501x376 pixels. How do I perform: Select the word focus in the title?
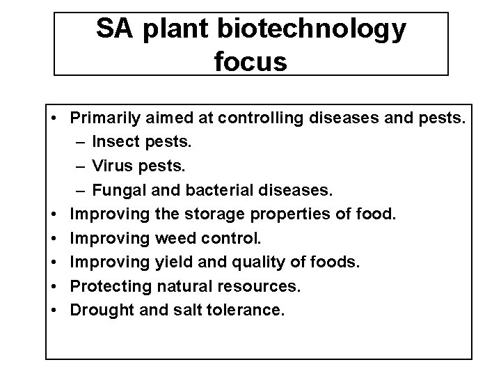pos(250,61)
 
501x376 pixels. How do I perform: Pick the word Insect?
pos(115,143)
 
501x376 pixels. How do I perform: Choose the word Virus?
pos(111,167)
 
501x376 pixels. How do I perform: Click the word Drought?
pos(100,309)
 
